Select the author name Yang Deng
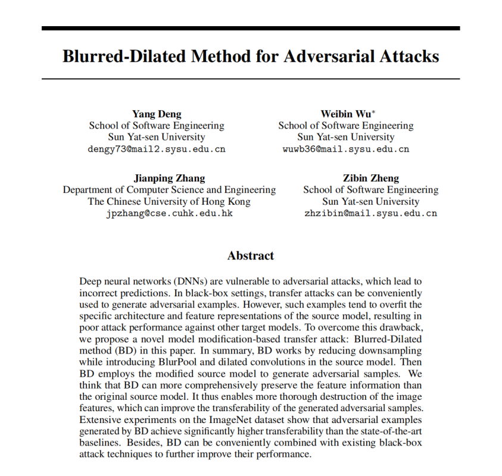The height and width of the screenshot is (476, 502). point(157,114)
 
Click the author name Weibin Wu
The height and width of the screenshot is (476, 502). point(343,114)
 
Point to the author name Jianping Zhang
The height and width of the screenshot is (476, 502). point(169,178)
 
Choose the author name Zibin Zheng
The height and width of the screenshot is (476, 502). point(370,178)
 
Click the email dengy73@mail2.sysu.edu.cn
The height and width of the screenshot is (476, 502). point(157,149)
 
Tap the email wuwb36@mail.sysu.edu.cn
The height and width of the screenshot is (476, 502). point(345,149)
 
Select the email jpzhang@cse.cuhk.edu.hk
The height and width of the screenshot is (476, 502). point(169,214)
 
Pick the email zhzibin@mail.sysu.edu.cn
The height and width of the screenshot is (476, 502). point(370,214)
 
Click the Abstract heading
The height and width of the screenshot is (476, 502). point(251,256)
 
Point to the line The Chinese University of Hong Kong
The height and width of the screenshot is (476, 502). point(169,202)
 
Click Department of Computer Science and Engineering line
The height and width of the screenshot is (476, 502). point(169,190)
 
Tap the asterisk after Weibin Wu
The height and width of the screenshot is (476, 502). point(373,111)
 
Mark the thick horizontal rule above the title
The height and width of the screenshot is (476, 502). point(251,28)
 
